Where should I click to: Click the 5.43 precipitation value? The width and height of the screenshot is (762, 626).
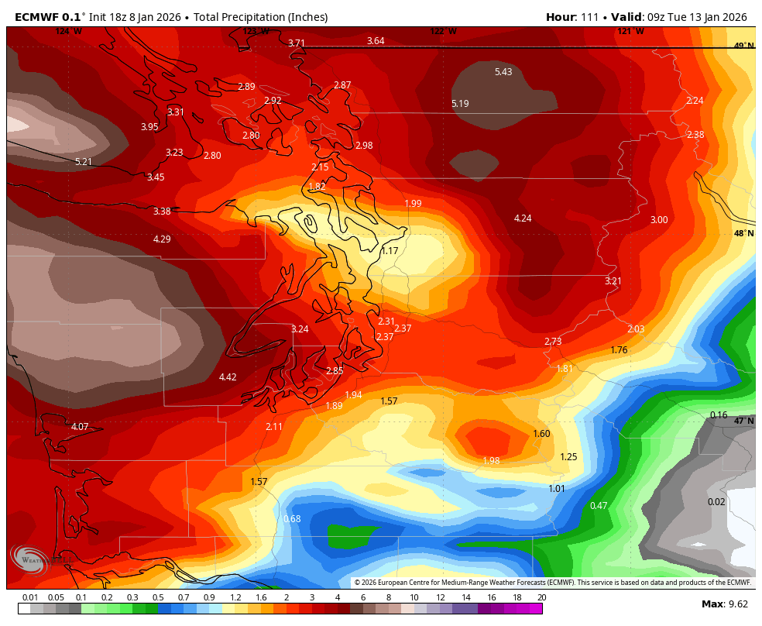[503, 72]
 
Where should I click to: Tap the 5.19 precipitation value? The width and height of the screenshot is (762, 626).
[460, 104]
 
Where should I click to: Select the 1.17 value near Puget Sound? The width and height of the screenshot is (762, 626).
[390, 251]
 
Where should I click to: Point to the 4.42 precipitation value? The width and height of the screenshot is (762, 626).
[228, 377]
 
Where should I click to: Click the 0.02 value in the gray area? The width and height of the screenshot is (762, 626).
[716, 502]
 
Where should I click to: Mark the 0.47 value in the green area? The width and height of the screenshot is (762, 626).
[599, 506]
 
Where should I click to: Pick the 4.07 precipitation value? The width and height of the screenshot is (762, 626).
[80, 427]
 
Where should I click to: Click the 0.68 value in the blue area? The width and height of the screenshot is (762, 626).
[292, 519]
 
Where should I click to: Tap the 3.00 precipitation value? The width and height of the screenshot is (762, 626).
[658, 220]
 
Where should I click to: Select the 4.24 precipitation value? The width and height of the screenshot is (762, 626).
[523, 218]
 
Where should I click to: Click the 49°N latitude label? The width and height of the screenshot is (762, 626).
[743, 46]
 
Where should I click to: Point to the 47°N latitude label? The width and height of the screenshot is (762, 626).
[743, 421]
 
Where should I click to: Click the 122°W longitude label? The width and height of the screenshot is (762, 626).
[443, 31]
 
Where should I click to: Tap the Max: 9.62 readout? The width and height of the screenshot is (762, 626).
[724, 604]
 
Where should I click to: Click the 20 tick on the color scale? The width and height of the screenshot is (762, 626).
[541, 597]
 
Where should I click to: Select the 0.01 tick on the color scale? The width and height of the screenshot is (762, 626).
[30, 597]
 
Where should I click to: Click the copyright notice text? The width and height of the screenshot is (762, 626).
[552, 583]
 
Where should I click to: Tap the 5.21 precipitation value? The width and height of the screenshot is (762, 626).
[84, 162]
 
